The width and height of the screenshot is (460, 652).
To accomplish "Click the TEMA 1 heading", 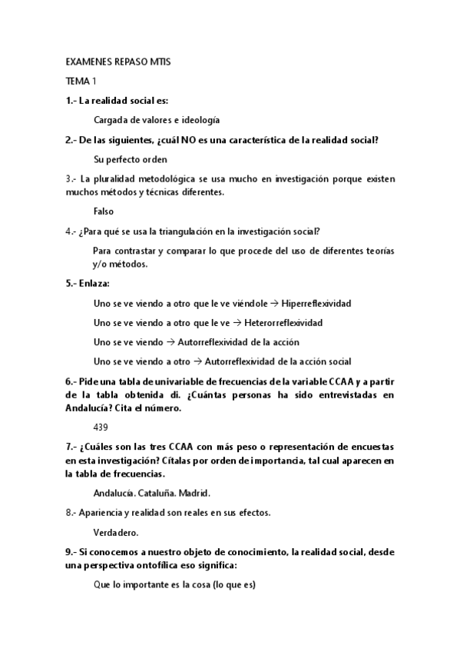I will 81,80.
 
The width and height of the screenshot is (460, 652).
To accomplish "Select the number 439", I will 101,426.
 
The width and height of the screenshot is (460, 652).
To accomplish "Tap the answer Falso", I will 104,211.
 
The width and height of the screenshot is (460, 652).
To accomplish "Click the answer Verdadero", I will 116,531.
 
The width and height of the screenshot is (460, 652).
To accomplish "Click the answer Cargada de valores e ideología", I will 157,120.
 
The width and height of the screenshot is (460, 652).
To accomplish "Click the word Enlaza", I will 95,283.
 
